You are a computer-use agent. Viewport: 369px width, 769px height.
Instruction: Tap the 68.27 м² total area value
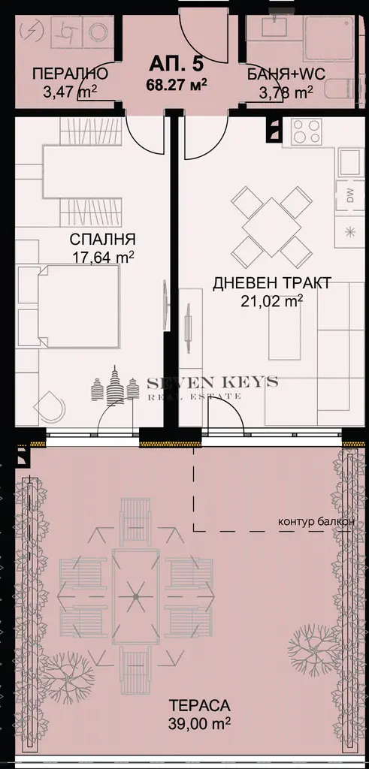pyautogui.click(x=176, y=83)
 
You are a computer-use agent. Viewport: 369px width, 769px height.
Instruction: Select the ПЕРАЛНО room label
pyautogui.click(x=70, y=74)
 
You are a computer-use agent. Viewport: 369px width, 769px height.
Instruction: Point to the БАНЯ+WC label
pyautogui.click(x=286, y=74)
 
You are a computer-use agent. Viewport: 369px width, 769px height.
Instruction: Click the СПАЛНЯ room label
pyautogui.click(x=102, y=240)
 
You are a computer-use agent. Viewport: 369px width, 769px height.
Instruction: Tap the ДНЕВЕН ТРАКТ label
pyautogui.click(x=272, y=283)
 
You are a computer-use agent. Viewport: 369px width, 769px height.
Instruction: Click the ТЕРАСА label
pyautogui.click(x=199, y=705)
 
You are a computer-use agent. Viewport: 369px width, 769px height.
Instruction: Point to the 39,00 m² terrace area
pyautogui.click(x=199, y=723)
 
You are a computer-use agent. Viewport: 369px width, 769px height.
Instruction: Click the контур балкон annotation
pyautogui.click(x=316, y=521)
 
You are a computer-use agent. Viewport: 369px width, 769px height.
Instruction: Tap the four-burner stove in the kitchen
pyautogui.click(x=307, y=131)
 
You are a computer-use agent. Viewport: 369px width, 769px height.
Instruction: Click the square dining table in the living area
pyautogui.click(x=271, y=226)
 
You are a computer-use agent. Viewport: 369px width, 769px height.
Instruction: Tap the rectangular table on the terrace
pyautogui.click(x=135, y=596)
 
